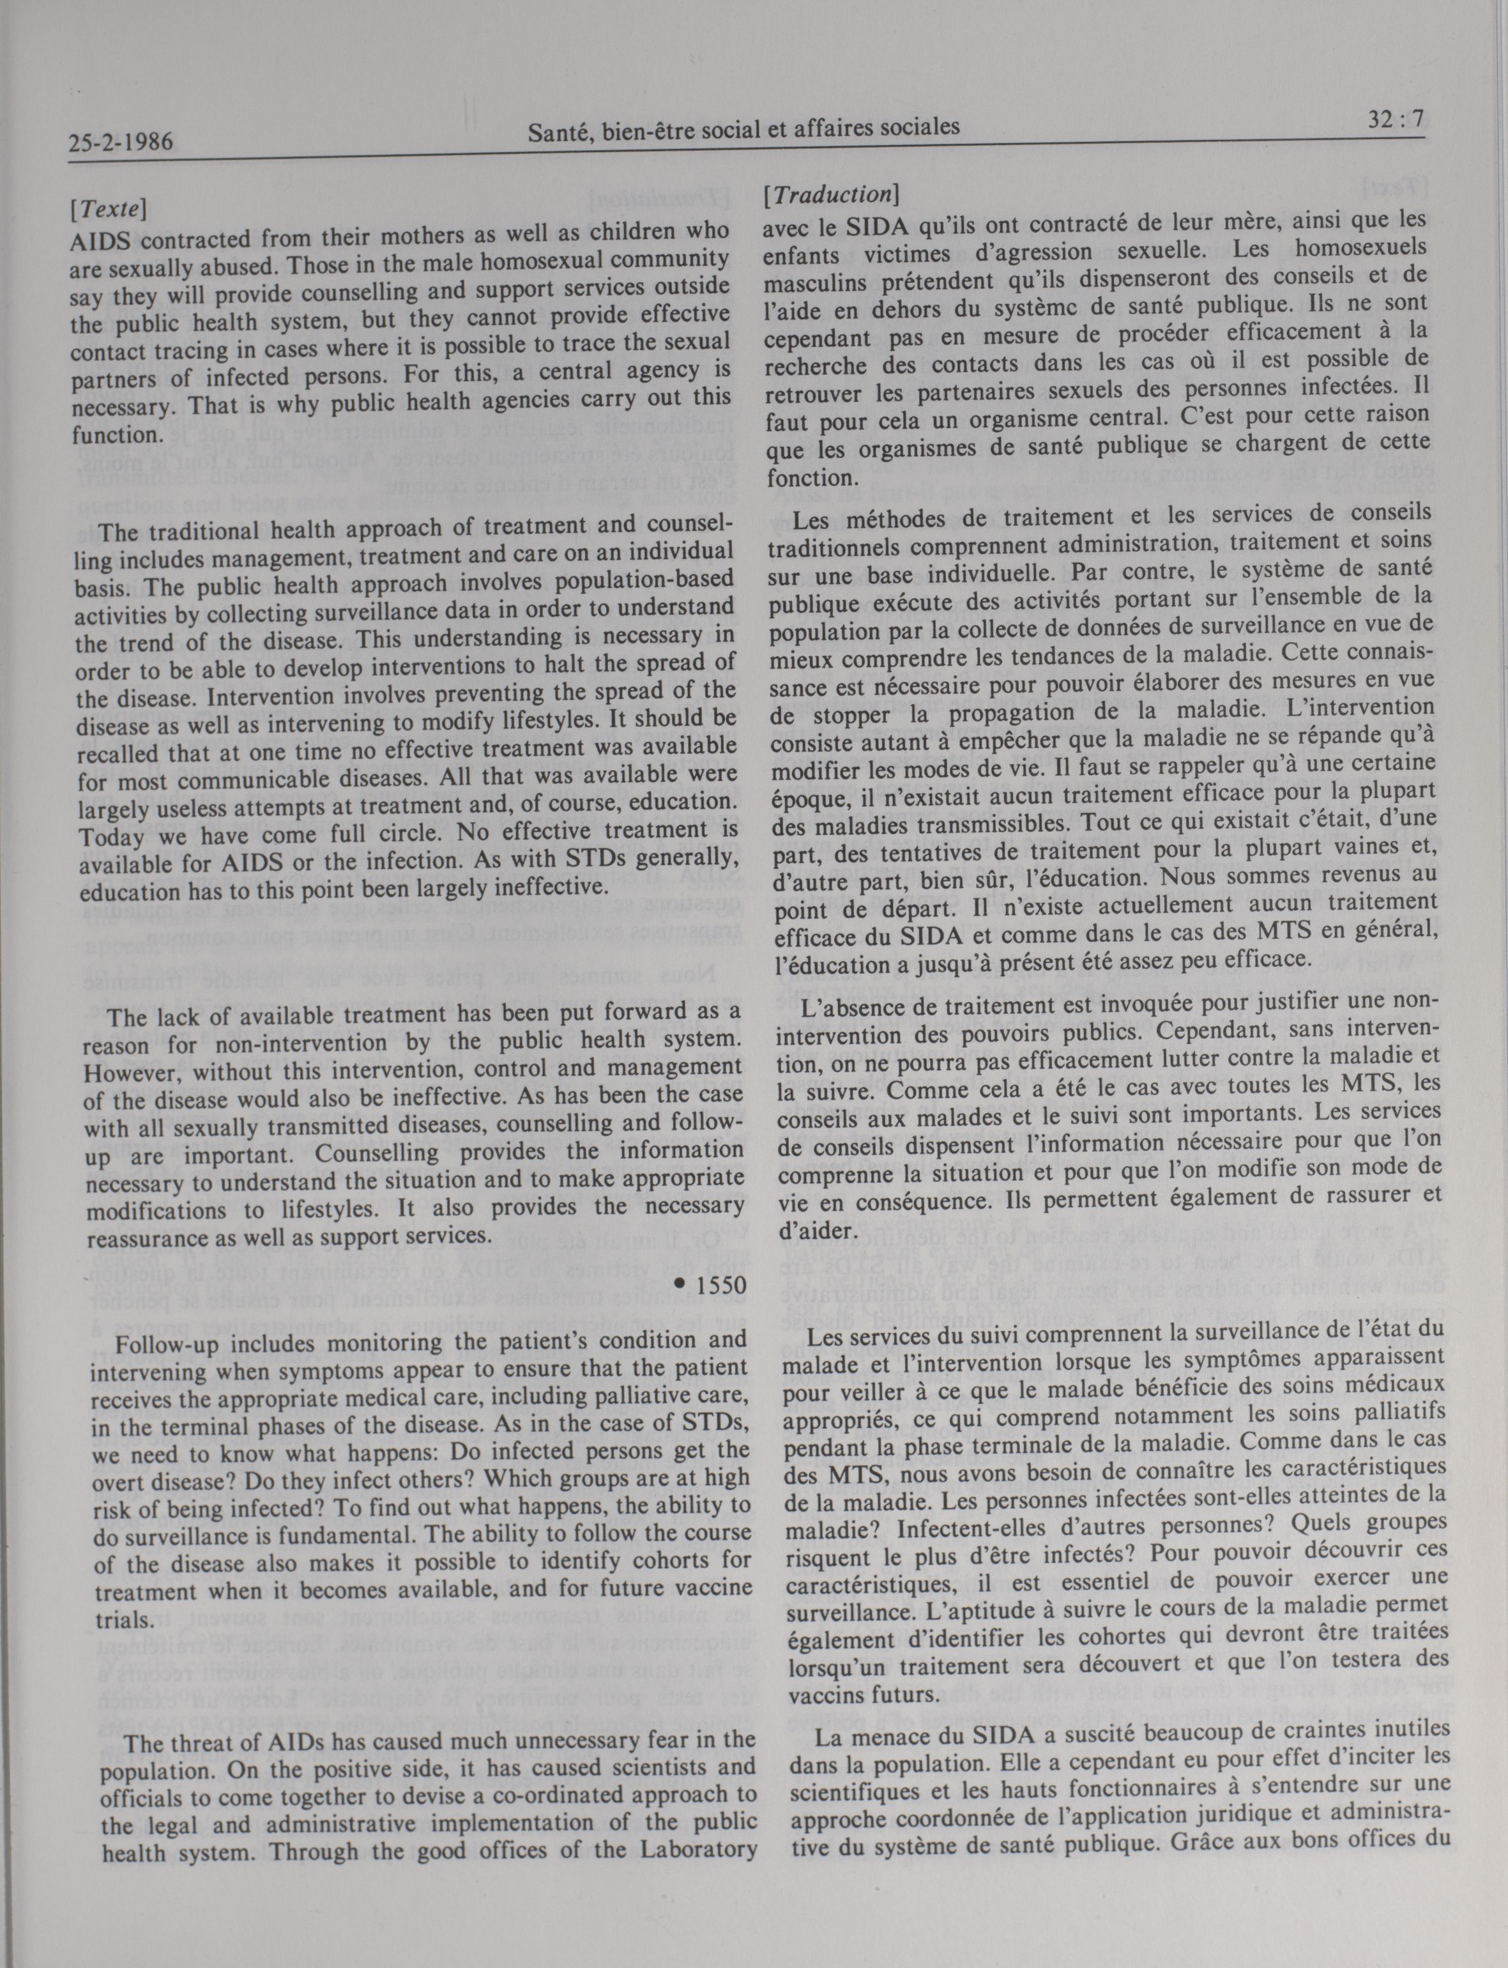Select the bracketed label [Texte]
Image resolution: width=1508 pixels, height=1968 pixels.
tap(108, 208)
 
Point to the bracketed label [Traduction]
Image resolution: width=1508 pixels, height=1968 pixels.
tap(830, 194)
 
